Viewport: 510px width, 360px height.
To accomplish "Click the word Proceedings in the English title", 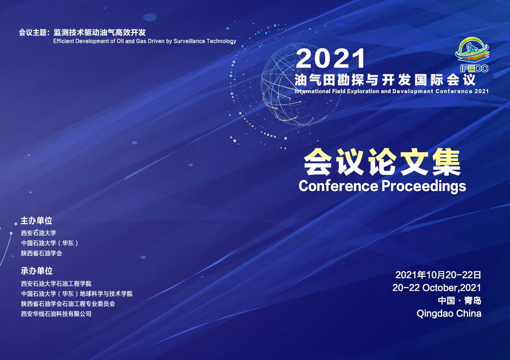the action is pyautogui.click(x=424, y=186).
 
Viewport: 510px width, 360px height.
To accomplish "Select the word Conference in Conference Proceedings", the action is pyautogui.click(x=338, y=186).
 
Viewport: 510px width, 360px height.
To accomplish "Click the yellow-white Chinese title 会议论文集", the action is pyautogui.click(x=382, y=162).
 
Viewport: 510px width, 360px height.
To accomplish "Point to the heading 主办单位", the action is pyautogui.click(x=36, y=221).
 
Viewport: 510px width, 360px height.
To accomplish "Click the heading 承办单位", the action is pyautogui.click(x=37, y=271).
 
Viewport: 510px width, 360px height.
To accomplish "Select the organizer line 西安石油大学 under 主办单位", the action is pyautogui.click(x=39, y=233).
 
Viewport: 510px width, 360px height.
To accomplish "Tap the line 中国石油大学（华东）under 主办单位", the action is pyautogui.click(x=50, y=243).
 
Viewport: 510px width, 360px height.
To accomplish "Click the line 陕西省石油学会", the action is pyautogui.click(x=42, y=253).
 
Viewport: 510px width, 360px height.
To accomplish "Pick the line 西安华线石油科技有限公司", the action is pyautogui.click(x=56, y=314).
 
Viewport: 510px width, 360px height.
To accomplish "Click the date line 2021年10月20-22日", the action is pyautogui.click(x=438, y=275).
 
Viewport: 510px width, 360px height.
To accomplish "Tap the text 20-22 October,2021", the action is pyautogui.click(x=437, y=288).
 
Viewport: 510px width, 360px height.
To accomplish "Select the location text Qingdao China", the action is pyautogui.click(x=449, y=313).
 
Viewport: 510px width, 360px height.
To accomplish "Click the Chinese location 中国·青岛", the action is pyautogui.click(x=460, y=301).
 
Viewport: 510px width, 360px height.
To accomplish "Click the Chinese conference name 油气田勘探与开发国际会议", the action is pyautogui.click(x=385, y=80).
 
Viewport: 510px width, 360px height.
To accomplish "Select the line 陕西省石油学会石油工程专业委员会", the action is pyautogui.click(x=68, y=304).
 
